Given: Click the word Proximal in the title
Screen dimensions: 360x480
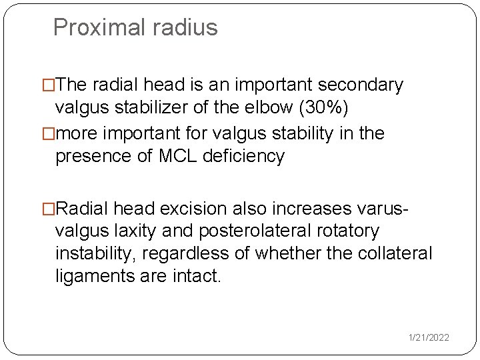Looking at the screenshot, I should pos(95,27).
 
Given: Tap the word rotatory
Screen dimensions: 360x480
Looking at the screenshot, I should pos(349,231).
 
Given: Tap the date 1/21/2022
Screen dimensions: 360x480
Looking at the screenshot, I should pos(429,338).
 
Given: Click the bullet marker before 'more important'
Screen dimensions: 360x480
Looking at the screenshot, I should pos(49,133).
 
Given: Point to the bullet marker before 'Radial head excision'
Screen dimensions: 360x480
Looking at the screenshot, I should pos(49,208).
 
